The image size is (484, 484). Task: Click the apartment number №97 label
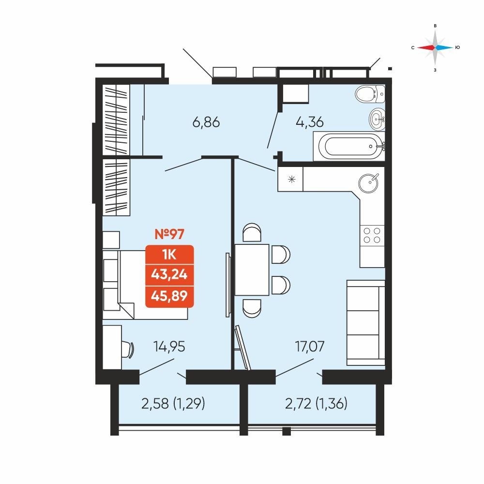(x=169, y=234)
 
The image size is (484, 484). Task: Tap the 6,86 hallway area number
(x=206, y=122)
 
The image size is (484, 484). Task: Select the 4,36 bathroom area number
(x=310, y=122)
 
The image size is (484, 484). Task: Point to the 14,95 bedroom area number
(x=169, y=347)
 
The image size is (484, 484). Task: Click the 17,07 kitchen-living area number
(x=310, y=347)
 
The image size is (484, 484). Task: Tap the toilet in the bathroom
(x=370, y=94)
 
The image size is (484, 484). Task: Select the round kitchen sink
(x=368, y=183)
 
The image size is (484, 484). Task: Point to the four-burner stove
(x=372, y=235)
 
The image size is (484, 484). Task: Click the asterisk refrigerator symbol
(x=292, y=179)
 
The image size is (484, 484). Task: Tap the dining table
(x=252, y=270)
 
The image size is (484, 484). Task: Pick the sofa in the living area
(x=366, y=323)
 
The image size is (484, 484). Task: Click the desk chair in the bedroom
(x=127, y=349)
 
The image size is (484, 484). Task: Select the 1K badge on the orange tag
(x=169, y=255)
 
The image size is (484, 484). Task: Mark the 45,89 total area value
(x=169, y=296)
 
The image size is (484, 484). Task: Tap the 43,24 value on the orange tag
(x=169, y=274)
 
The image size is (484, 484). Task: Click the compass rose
(x=435, y=47)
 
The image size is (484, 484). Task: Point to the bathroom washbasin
(x=377, y=118)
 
